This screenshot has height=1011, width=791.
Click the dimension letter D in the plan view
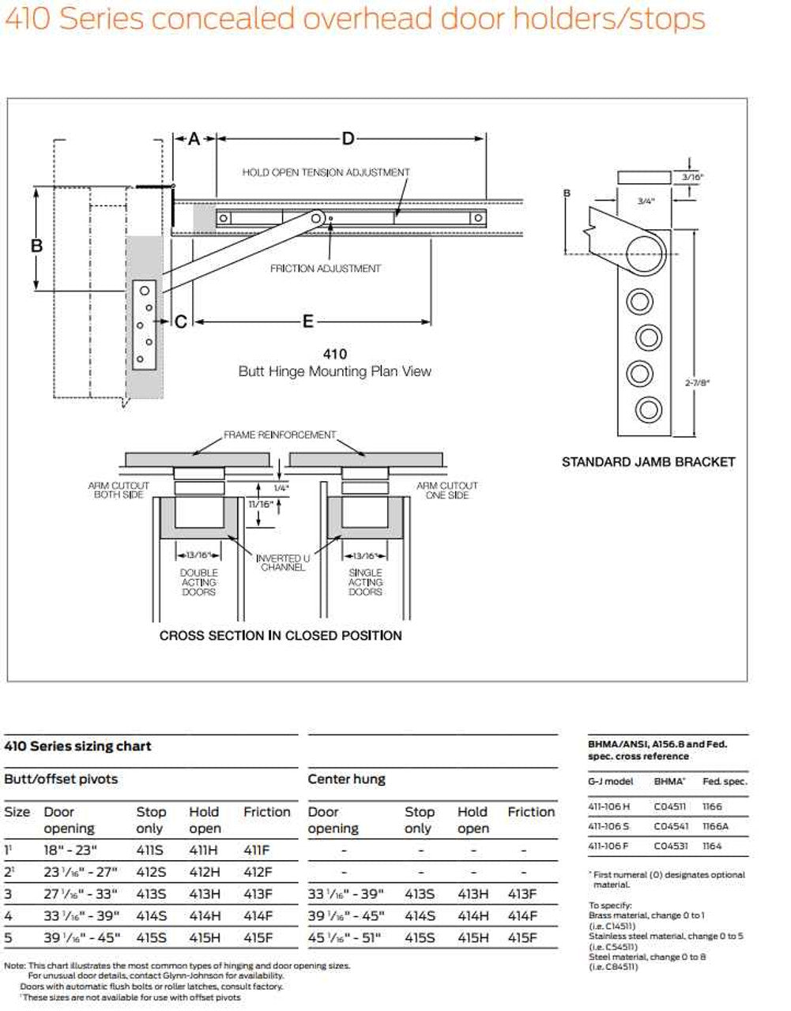(x=348, y=140)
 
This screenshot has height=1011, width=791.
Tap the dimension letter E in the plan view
(x=308, y=321)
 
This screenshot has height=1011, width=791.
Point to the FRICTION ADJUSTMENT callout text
(x=326, y=269)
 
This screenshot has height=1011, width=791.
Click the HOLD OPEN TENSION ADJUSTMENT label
(x=326, y=172)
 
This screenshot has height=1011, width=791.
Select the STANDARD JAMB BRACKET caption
(x=648, y=462)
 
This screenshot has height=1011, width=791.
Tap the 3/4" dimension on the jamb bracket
(x=646, y=201)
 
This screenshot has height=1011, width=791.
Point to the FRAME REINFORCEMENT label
(x=280, y=434)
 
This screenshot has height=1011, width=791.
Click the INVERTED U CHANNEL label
(x=282, y=563)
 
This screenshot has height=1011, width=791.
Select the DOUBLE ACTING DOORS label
(x=198, y=582)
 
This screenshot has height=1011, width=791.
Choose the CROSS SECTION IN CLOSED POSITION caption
(x=281, y=635)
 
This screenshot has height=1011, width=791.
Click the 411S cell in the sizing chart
(x=151, y=850)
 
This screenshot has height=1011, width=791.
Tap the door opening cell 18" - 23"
(x=70, y=850)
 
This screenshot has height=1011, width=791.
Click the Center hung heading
(x=346, y=779)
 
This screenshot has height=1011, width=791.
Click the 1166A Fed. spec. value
(x=715, y=826)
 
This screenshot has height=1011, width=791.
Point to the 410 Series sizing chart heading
(x=77, y=746)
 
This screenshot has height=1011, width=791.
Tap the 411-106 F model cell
(x=608, y=846)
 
